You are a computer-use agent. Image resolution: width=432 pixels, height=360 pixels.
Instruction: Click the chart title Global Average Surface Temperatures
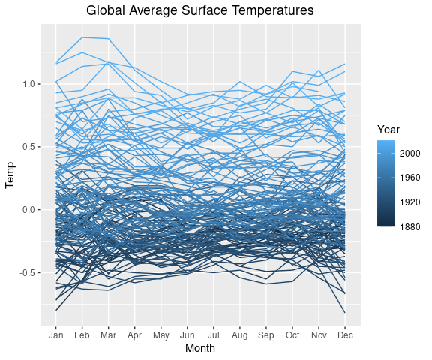click(199, 11)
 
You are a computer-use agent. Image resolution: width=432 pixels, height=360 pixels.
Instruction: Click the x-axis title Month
click(199, 348)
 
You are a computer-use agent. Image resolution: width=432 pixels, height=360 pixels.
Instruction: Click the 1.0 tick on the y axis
click(27, 84)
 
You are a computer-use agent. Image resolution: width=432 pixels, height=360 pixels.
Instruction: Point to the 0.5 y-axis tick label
click(27, 147)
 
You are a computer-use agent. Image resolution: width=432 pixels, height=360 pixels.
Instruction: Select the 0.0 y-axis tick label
click(27, 210)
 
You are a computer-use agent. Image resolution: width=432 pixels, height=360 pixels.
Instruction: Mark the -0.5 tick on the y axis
click(25, 273)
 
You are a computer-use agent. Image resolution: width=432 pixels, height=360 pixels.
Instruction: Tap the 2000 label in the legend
click(410, 153)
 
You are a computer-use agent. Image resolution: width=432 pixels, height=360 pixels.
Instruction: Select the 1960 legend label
click(410, 178)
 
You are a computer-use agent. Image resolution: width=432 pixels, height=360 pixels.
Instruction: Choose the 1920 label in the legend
click(410, 202)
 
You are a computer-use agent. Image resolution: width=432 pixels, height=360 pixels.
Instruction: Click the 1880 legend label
click(410, 226)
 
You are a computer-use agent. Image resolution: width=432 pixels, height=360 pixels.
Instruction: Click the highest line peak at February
click(82, 37)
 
